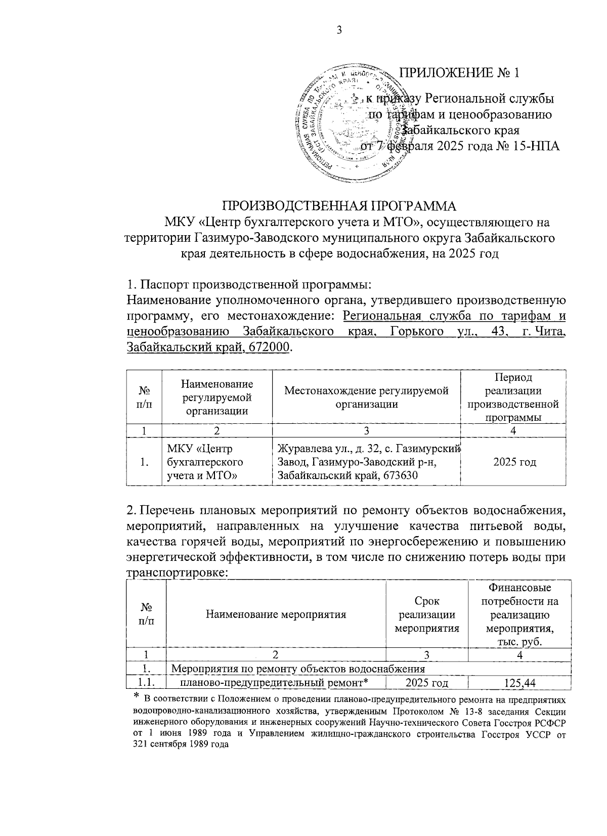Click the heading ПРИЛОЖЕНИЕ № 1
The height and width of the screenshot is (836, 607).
point(459,73)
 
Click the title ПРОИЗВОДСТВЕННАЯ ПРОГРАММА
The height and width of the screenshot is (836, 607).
point(340,206)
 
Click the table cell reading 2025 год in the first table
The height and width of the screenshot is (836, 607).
point(514,462)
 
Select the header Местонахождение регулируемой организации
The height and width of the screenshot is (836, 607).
point(366,397)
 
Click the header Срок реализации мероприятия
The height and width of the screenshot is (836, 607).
point(426,615)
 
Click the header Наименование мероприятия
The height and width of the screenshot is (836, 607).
point(276,615)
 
